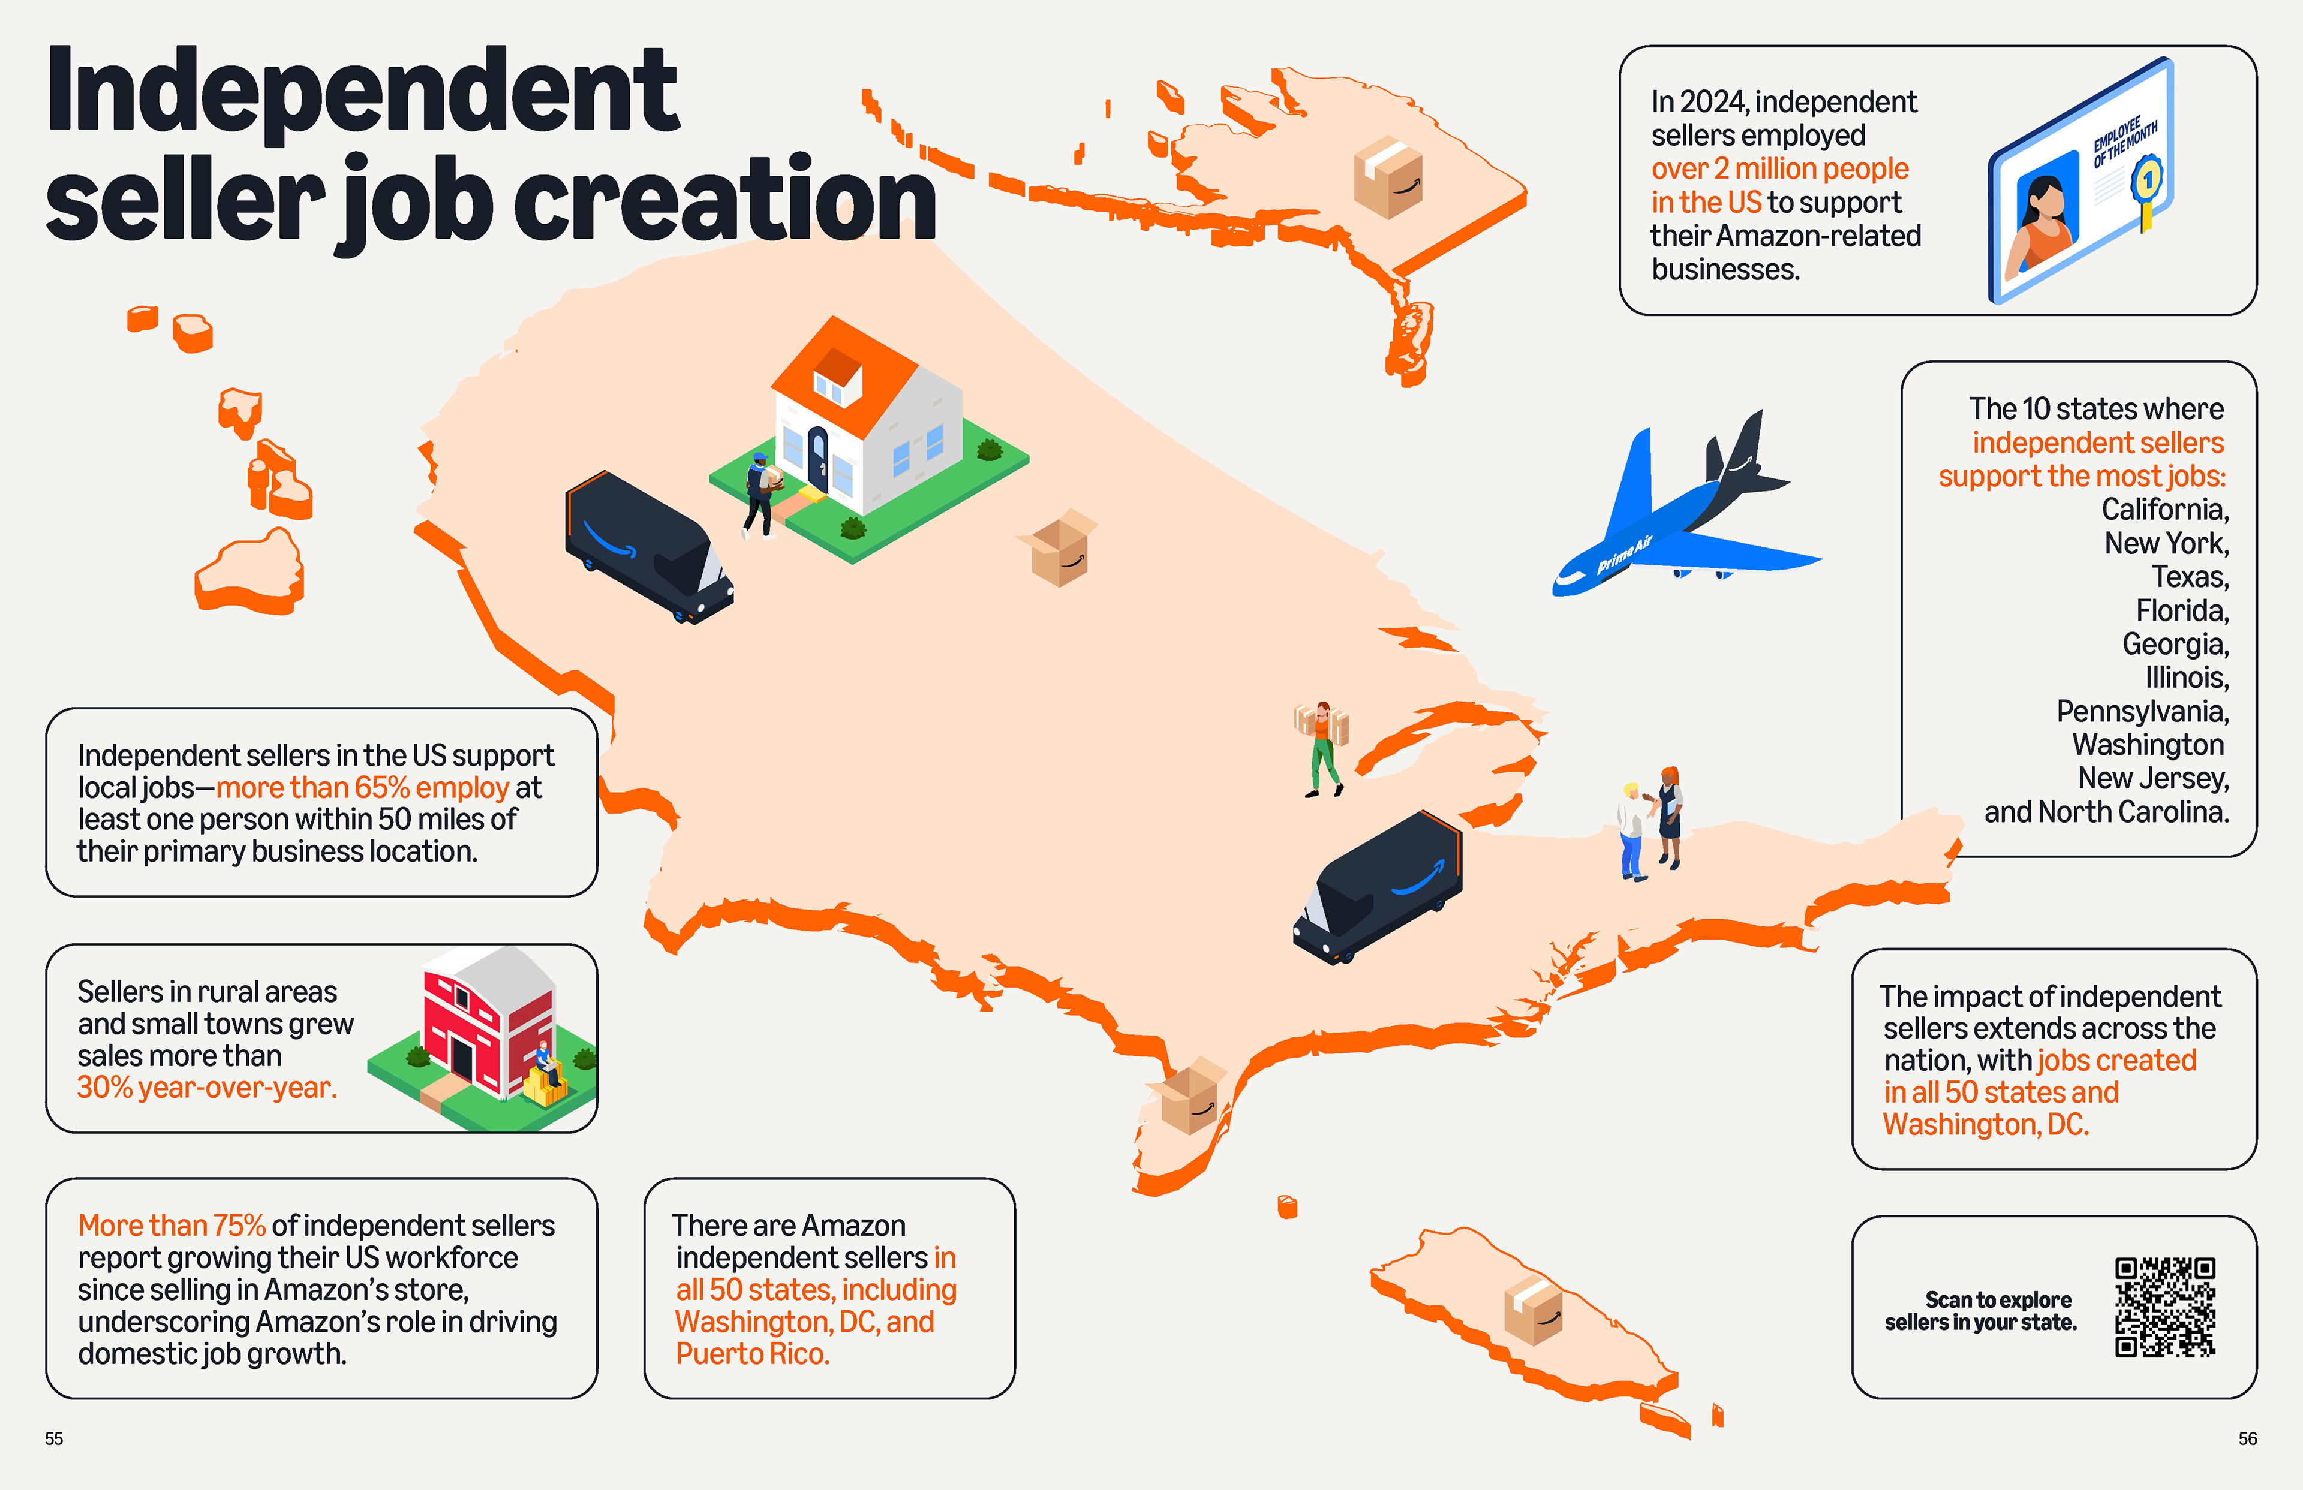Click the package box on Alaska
(x=1388, y=176)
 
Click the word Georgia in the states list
(x=2175, y=645)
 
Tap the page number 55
(x=54, y=1438)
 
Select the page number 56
(x=2247, y=1438)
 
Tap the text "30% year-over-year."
(x=207, y=1088)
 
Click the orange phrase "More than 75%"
(x=172, y=1226)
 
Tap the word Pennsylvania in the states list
(x=2142, y=712)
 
